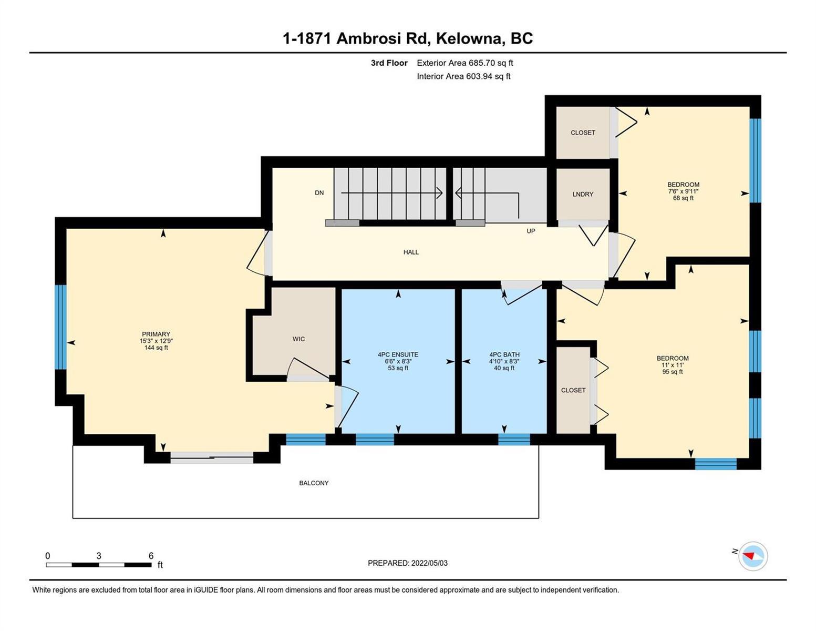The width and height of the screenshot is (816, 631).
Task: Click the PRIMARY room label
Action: [156, 334]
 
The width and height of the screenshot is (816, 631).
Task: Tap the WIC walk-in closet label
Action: [298, 339]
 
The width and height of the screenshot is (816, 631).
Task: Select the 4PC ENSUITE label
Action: [398, 354]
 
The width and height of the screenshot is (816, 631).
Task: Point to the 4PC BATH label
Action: [504, 354]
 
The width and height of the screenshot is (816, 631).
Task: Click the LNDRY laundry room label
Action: [583, 195]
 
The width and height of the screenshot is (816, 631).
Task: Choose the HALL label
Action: [411, 252]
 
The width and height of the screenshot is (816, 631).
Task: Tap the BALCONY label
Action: [314, 483]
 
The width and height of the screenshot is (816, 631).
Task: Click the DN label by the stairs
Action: [319, 193]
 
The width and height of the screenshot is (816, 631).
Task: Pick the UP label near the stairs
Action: [531, 231]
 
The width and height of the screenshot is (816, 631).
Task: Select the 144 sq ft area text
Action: [156, 348]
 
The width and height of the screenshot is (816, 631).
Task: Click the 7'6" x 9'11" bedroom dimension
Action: [683, 191]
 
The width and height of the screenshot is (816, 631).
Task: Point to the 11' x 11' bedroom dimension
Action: [673, 365]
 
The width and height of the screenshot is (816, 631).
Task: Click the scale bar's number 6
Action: [151, 555]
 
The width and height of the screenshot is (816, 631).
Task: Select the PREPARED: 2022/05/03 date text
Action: [407, 563]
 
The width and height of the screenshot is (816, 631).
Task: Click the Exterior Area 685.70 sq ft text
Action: [465, 63]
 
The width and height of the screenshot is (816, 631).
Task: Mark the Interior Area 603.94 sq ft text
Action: [464, 76]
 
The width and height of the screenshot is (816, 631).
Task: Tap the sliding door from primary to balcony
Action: [212, 457]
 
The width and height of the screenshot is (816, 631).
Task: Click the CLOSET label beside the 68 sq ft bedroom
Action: [583, 133]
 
